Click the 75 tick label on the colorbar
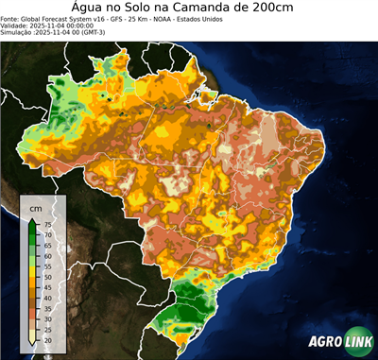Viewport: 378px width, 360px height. pyautogui.click(x=47, y=224)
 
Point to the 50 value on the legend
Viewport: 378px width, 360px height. pyautogui.click(x=47, y=277)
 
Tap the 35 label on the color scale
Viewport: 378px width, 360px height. pyautogui.click(x=47, y=308)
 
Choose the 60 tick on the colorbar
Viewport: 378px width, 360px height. pyautogui.click(x=47, y=256)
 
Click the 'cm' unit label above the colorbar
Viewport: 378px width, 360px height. pyautogui.click(x=35, y=207)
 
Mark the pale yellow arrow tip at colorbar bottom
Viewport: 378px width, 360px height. pyautogui.click(x=33, y=342)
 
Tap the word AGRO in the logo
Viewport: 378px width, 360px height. pyautogui.click(x=324, y=342)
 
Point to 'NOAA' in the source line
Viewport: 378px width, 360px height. pyautogui.click(x=191, y=17)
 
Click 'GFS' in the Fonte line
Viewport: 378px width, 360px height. pyautogui.click(x=130, y=17)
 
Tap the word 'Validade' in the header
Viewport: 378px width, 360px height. pyautogui.click(x=17, y=25)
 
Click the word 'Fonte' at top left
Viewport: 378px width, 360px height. pyautogui.click(x=11, y=17)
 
